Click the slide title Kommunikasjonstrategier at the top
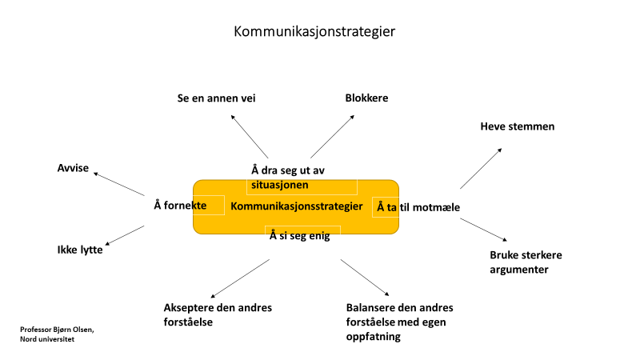pyautogui.click(x=314, y=31)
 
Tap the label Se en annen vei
pyautogui.click(x=216, y=98)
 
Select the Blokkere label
pyautogui.click(x=366, y=98)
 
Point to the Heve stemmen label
pyautogui.click(x=517, y=126)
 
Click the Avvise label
pyautogui.click(x=73, y=168)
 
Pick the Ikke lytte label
pyautogui.click(x=80, y=250)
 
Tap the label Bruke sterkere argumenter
pyautogui.click(x=526, y=262)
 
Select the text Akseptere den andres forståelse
pyautogui.click(x=218, y=314)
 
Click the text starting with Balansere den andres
pyautogui.click(x=399, y=322)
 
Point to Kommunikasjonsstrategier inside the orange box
pyautogui.click(x=296, y=206)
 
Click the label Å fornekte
pyautogui.click(x=180, y=206)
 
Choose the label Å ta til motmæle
pyautogui.click(x=418, y=207)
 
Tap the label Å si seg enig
pyautogui.click(x=299, y=235)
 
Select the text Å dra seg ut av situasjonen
pyautogui.click(x=288, y=178)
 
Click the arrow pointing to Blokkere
pyautogui.click(x=332, y=137)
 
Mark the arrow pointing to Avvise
pyautogui.click(x=119, y=184)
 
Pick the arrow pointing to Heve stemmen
pyautogui.click(x=481, y=169)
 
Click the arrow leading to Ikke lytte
pyautogui.click(x=125, y=235)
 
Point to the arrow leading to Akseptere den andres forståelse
pyautogui.click(x=240, y=278)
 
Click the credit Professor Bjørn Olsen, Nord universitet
pyautogui.click(x=57, y=334)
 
